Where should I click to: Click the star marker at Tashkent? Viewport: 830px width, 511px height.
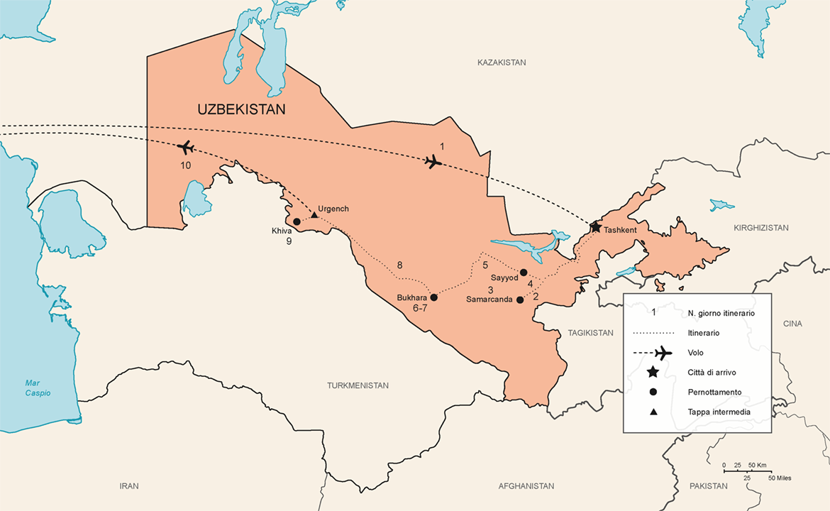(x=595, y=227)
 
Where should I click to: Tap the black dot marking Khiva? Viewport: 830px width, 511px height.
(x=297, y=221)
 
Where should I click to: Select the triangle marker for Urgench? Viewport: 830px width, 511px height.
(x=314, y=214)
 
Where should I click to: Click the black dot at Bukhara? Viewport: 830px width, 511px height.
(x=434, y=297)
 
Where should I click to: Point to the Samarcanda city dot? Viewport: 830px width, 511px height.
(x=520, y=300)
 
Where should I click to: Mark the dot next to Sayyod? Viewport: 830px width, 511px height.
(x=524, y=273)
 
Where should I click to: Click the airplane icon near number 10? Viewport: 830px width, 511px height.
(x=186, y=148)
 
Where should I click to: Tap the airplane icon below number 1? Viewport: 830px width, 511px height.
(x=433, y=162)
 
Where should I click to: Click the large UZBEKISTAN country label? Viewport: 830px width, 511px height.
(x=241, y=110)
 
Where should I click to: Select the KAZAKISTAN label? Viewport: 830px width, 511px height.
(x=502, y=62)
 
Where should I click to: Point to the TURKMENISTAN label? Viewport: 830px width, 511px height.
(x=358, y=385)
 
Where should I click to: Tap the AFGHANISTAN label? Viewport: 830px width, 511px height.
(x=526, y=486)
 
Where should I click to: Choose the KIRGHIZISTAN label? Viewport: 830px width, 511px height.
(x=761, y=228)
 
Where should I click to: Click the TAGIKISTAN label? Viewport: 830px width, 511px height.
(x=590, y=333)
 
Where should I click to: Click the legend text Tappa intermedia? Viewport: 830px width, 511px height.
(x=719, y=412)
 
